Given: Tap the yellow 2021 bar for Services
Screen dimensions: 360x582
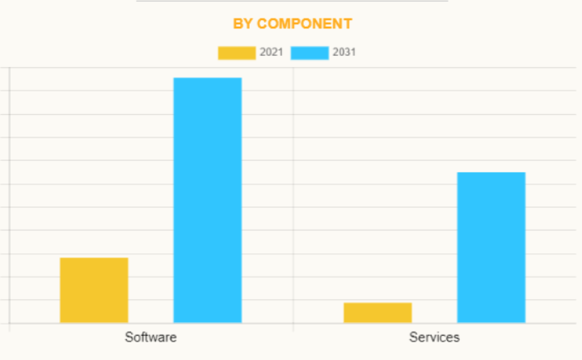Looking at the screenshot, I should tap(377, 312).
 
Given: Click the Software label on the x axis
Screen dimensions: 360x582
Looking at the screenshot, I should tap(150, 337).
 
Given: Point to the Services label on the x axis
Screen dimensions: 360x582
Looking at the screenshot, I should tap(434, 337).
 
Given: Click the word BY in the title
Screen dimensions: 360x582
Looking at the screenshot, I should tap(242, 23).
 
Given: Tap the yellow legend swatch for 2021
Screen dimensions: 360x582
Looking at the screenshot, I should tap(236, 53).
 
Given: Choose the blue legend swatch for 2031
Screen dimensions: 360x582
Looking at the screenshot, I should tap(309, 53).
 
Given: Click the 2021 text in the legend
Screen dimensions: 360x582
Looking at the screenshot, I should tap(271, 53).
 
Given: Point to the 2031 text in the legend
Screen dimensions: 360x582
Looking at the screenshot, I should tap(344, 53).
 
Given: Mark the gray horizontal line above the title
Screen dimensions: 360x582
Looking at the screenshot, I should tap(291, 1).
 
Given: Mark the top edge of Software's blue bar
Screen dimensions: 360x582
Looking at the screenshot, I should tap(208, 78).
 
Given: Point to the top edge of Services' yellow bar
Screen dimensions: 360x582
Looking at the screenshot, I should tap(377, 303).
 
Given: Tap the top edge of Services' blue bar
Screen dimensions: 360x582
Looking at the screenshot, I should tap(491, 172).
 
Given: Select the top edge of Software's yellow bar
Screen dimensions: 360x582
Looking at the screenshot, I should tap(94, 258).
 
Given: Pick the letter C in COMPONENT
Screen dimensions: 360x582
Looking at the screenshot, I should tap(263, 23).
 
